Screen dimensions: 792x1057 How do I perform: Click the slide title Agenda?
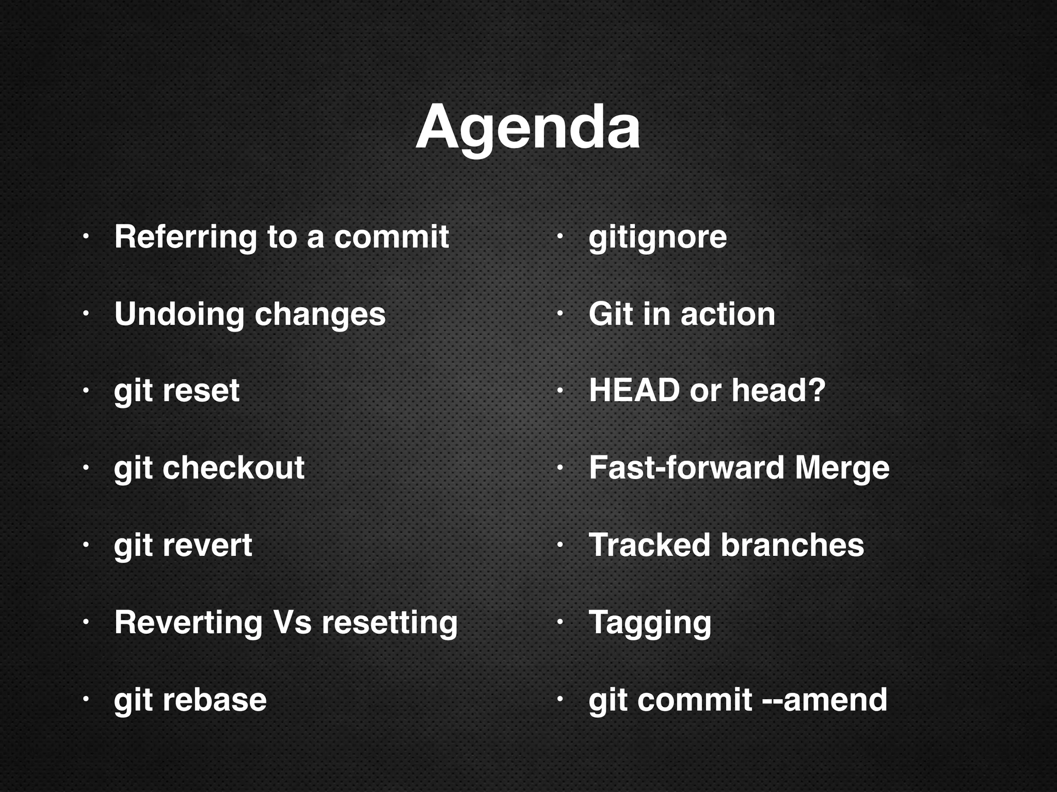pos(527,128)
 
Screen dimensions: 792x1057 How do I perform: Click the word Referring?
pos(185,237)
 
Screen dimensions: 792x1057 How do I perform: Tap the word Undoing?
pos(179,315)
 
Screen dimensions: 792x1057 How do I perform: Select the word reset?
pos(201,390)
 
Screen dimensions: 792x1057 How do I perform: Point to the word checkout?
pos(233,468)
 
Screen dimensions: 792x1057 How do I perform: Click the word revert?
pos(207,545)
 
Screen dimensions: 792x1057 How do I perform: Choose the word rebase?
pos(214,700)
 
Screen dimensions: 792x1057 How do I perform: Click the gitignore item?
pos(658,238)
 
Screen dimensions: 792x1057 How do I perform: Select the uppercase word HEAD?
pos(634,390)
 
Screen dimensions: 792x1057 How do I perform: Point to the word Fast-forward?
pos(686,468)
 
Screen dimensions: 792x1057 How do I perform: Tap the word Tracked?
pos(649,545)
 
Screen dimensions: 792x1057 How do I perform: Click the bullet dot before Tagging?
pos(559,622)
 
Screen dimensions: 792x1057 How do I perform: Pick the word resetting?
pos(389,622)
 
